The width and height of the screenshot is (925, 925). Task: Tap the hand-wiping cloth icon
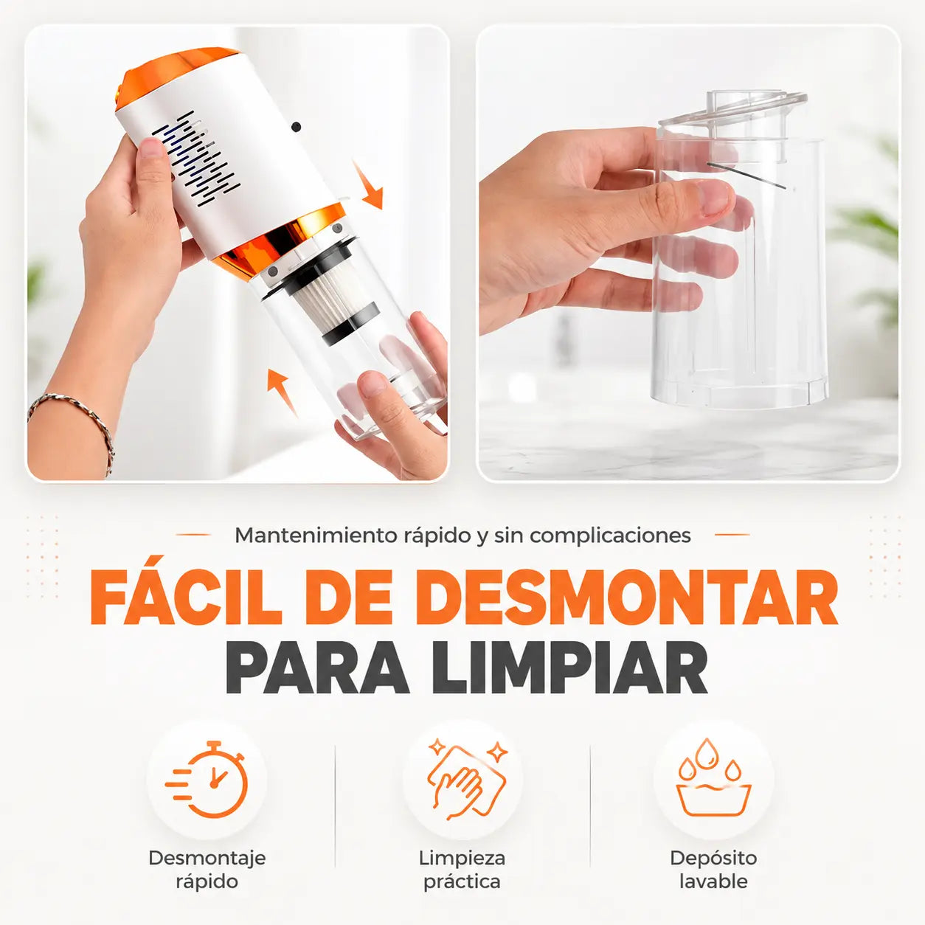tap(464, 780)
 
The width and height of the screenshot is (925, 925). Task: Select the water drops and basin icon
tap(713, 777)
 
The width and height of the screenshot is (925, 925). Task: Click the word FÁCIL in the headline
tap(186, 597)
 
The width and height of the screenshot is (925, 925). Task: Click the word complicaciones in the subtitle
tap(611, 536)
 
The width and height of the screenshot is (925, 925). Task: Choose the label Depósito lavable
tap(713, 870)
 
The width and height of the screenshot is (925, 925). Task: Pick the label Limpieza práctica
tap(462, 870)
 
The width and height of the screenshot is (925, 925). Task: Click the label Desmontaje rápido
tap(207, 870)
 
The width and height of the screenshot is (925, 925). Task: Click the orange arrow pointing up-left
tap(283, 392)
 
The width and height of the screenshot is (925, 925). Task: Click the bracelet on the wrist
tap(72, 423)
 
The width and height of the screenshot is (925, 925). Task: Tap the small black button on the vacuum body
tap(297, 127)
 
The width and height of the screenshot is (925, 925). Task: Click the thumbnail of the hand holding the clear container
tap(688, 253)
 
